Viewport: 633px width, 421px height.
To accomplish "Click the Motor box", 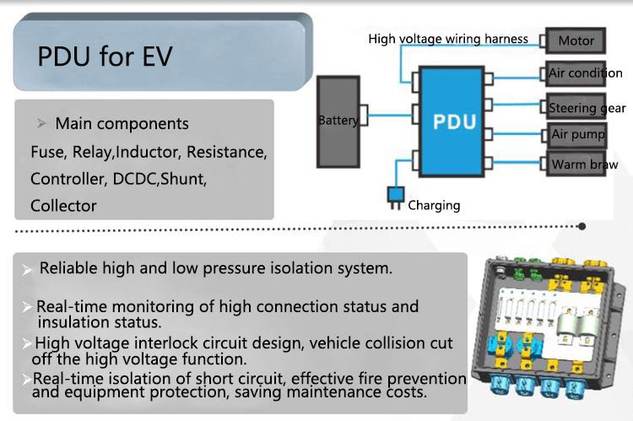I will (x=576, y=40).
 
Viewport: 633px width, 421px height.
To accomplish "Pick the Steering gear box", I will (x=585, y=107).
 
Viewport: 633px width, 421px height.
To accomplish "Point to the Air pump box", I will (x=577, y=135).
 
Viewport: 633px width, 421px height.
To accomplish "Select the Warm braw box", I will (x=583, y=165).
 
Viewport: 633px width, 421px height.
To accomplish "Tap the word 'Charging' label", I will (x=434, y=205).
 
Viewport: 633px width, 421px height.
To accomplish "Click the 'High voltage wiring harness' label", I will (x=448, y=39).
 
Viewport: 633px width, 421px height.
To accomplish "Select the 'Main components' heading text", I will (x=122, y=124).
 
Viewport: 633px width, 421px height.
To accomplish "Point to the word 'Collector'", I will (x=63, y=205).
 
